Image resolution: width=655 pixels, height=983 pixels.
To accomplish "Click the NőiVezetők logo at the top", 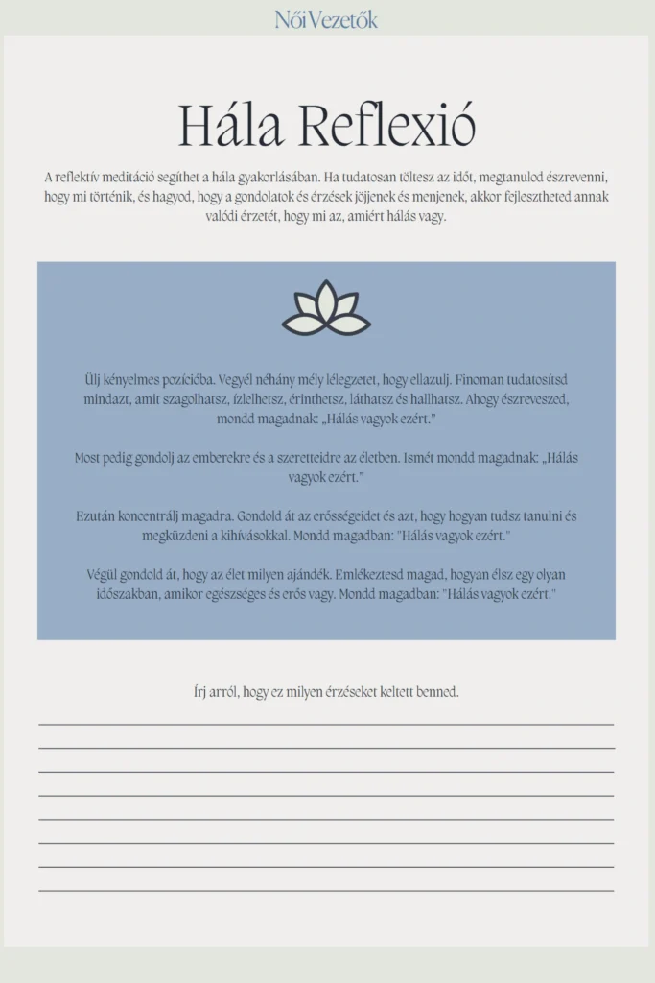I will point(326,19).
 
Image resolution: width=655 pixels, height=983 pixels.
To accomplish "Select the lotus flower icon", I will point(326,309).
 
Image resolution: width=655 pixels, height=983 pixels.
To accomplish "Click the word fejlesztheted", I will point(545,197).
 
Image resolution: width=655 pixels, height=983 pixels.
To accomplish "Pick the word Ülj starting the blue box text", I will point(93,380).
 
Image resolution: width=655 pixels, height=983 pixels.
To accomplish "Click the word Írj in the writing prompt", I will point(200,692).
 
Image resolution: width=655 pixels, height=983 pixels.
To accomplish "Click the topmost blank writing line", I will point(326,724).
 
